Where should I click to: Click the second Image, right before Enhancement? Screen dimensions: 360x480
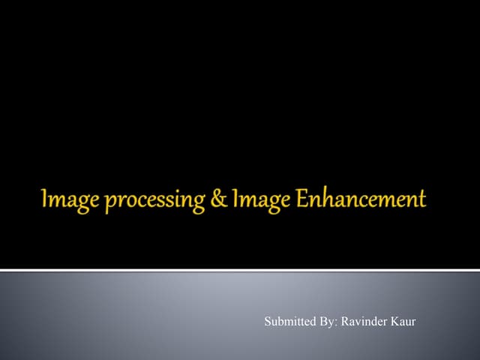tap(245, 199)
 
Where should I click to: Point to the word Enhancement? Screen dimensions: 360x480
tap(351, 199)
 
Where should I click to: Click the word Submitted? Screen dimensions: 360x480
tap(289, 322)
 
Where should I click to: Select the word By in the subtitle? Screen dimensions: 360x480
tap(328, 322)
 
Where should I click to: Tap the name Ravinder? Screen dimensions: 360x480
tap(365, 322)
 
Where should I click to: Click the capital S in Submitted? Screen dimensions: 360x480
tap(268, 322)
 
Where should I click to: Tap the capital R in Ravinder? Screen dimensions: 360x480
tap(346, 322)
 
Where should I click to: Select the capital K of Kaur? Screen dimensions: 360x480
tap(395, 322)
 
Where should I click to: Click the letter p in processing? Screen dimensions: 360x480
tap(94, 202)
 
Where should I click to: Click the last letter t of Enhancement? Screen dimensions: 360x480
tap(421, 199)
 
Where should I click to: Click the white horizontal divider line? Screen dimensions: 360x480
tap(240, 270)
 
